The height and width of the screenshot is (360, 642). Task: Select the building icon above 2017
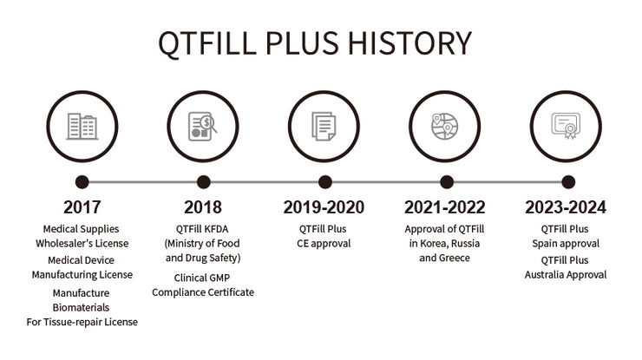tap(82, 127)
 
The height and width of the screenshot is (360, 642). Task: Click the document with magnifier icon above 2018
tap(203, 127)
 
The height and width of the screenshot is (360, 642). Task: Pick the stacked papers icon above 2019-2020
tap(324, 127)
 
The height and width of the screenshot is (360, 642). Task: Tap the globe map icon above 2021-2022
tap(445, 127)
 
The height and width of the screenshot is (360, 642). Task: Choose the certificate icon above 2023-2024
tap(566, 127)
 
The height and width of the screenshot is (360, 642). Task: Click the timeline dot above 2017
tap(82, 182)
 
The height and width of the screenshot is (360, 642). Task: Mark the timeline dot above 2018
tap(203, 182)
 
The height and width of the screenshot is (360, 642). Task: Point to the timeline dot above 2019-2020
tap(324, 182)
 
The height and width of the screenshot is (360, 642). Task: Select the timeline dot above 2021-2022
tap(446, 182)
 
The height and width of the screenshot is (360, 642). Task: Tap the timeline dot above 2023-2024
tap(567, 182)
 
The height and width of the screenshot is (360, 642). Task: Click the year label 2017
tap(82, 208)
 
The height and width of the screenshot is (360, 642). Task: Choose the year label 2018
tap(203, 208)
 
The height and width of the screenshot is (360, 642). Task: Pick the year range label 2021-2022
tap(445, 208)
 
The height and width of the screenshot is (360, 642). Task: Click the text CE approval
tap(324, 244)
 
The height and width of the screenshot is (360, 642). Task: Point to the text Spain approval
tap(566, 244)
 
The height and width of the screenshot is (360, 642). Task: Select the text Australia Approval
tap(566, 275)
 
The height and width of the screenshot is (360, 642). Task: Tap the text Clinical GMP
tap(203, 278)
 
